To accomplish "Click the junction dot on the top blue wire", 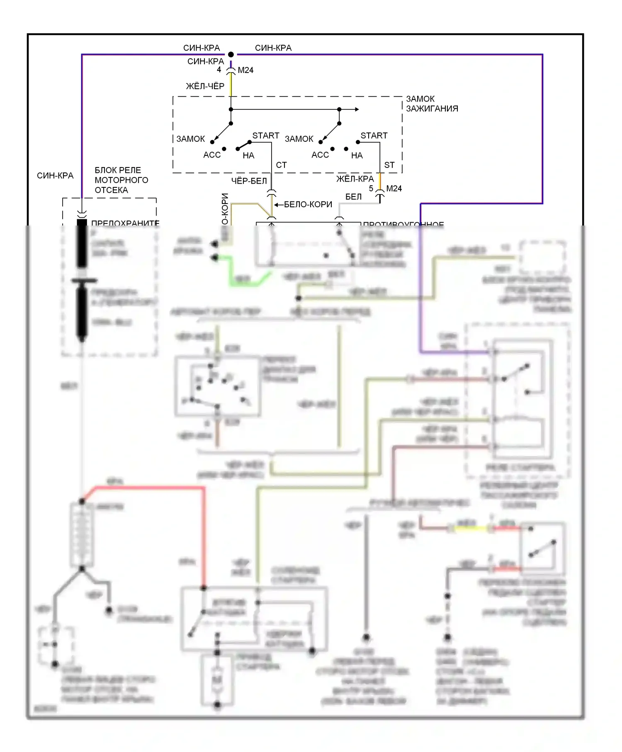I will (231, 54).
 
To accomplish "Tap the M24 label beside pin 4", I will (245, 70).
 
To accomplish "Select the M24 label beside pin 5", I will (394, 189).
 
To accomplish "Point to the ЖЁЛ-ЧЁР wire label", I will (205, 86).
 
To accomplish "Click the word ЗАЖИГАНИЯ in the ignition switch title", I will (432, 109).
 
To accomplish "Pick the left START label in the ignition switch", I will (266, 136).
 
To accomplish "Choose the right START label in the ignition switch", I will (374, 136).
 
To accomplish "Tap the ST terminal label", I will (389, 165).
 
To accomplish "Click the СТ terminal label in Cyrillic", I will (281, 165).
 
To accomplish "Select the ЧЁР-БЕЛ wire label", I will (249, 181).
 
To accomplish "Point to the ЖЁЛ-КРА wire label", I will (355, 179).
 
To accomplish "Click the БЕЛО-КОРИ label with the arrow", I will (308, 204).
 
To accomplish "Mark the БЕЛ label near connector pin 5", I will (353, 197).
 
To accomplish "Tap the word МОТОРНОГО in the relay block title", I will (121, 180).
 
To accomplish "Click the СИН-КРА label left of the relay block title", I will (55, 176).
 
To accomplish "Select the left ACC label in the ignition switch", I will (212, 155).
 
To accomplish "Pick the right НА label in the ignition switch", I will (357, 155).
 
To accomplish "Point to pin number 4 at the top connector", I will (219, 70).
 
